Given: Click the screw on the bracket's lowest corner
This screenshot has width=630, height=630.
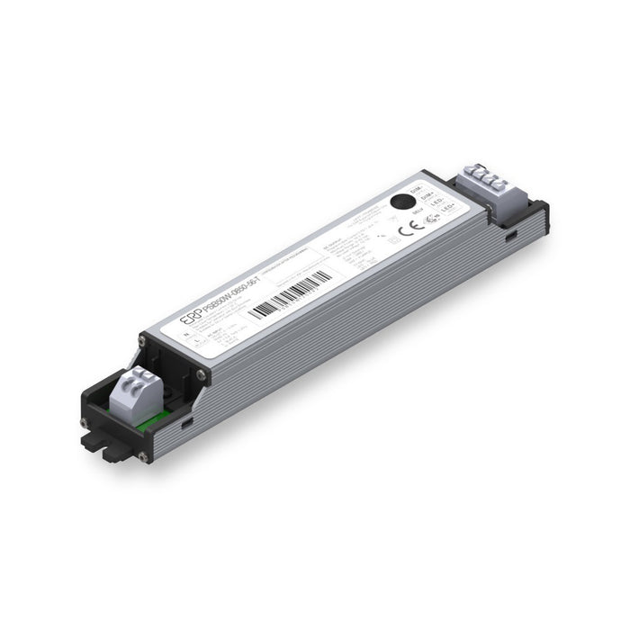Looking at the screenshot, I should pyautogui.click(x=144, y=457).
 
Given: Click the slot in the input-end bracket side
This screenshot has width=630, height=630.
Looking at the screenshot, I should pyautogui.click(x=186, y=420).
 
